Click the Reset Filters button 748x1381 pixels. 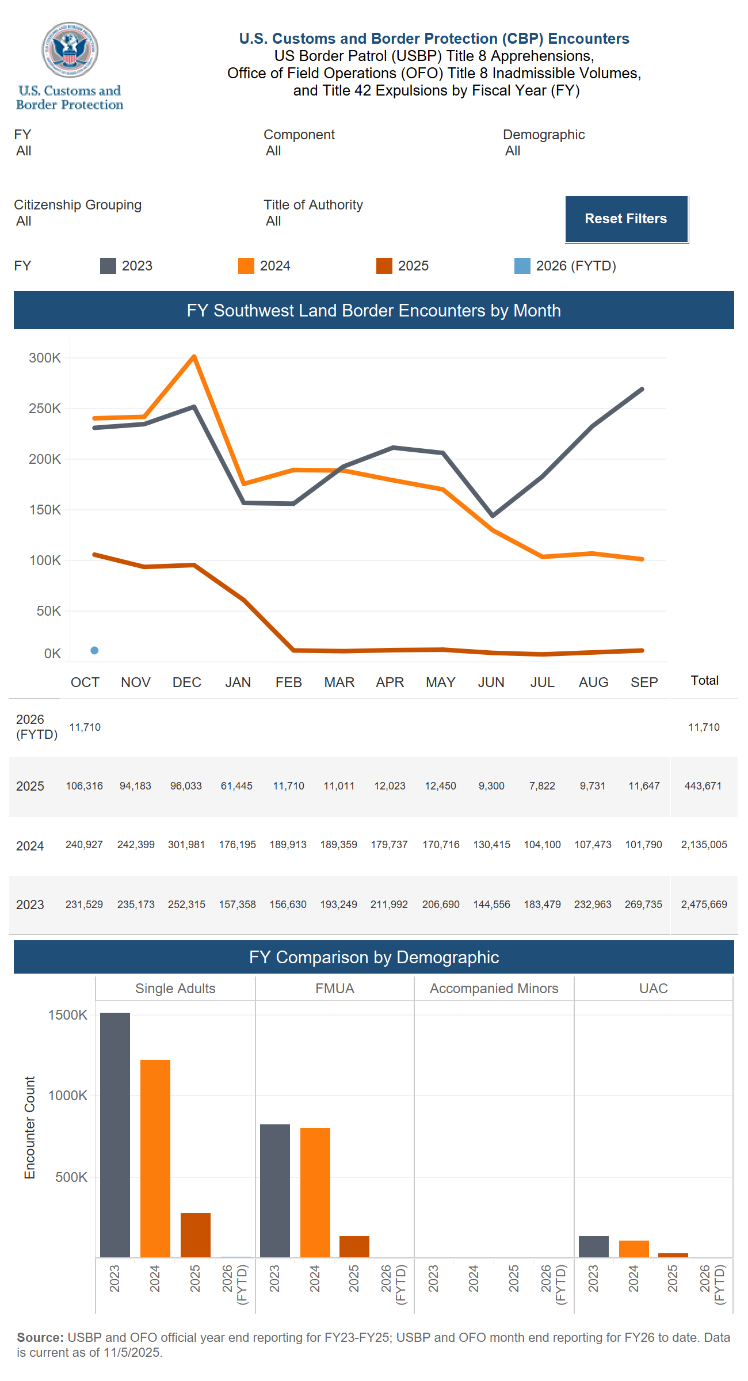[x=626, y=219]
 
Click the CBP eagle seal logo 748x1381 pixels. [x=70, y=50]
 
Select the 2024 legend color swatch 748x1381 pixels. [x=246, y=266]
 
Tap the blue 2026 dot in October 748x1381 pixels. [x=94, y=650]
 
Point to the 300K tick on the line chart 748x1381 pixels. [x=45, y=358]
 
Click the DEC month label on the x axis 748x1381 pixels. [x=187, y=682]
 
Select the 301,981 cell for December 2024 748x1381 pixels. [x=186, y=845]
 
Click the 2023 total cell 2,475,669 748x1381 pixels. [x=704, y=905]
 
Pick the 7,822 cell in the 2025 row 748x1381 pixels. [x=542, y=786]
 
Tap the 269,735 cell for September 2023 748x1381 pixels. [x=643, y=905]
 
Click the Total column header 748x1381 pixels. [x=704, y=681]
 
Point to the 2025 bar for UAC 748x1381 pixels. [x=673, y=1255]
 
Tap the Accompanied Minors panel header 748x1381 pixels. [x=494, y=989]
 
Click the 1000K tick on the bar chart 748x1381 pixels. [x=68, y=1096]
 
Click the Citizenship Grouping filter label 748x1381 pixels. [x=78, y=205]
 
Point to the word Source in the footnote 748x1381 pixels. [x=40, y=1337]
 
